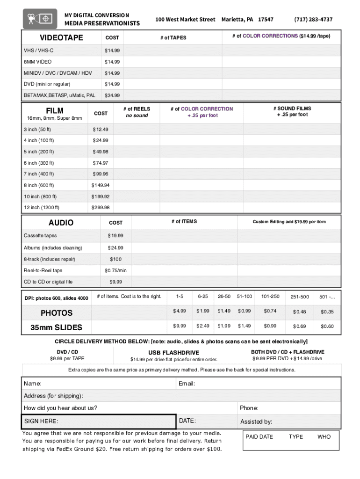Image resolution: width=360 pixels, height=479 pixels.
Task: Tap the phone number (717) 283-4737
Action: tap(313, 20)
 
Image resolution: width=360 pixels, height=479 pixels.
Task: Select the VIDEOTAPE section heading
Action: tap(61, 37)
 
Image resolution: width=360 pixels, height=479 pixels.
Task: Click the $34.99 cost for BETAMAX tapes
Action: tap(112, 95)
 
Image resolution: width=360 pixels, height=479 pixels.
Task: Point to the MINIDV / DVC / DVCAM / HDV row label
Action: tap(58, 73)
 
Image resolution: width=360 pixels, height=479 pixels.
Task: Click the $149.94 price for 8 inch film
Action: tap(101, 185)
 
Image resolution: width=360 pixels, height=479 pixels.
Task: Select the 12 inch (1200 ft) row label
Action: tap(42, 208)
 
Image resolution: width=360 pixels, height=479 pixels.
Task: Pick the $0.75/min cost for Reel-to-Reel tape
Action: tap(115, 270)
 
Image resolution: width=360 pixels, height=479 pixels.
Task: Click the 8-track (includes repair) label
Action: tap(50, 259)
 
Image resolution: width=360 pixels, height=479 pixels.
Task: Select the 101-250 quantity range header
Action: tap(270, 297)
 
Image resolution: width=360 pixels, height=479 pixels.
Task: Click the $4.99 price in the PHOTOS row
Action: tap(180, 311)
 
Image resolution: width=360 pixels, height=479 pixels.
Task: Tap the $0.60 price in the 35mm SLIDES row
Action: tap(327, 326)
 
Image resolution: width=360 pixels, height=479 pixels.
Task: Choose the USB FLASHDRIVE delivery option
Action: tap(174, 353)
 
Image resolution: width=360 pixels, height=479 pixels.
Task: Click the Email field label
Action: tap(187, 384)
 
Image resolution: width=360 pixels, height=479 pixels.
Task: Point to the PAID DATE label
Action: tap(259, 437)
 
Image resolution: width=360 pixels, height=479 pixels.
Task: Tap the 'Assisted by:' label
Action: tap(256, 422)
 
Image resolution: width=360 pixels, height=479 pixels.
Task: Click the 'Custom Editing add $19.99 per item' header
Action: tap(289, 222)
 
